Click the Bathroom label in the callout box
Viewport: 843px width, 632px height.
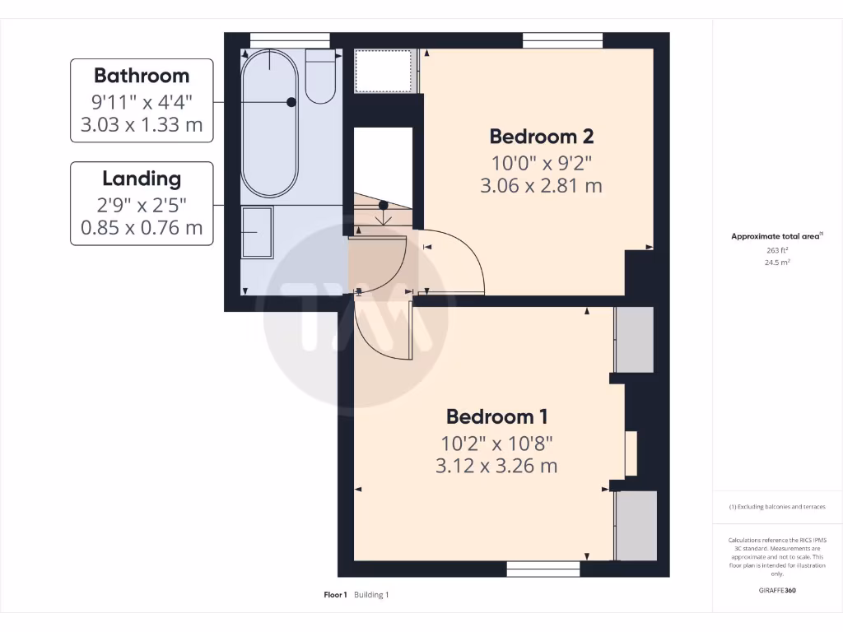click(x=142, y=76)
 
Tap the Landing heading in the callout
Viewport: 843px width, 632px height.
click(x=142, y=178)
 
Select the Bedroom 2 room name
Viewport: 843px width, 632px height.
click(x=541, y=136)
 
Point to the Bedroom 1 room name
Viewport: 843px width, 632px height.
click(x=496, y=416)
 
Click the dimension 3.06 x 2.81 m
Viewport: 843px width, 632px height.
click(x=541, y=186)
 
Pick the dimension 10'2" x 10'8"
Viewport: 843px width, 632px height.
click(x=496, y=444)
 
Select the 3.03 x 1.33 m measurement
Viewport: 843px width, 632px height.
click(x=142, y=126)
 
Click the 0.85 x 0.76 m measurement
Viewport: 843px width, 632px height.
click(x=142, y=228)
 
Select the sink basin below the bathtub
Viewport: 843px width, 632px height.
click(x=257, y=233)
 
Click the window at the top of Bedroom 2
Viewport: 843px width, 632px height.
click(x=561, y=39)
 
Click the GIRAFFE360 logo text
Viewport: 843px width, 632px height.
click(x=777, y=590)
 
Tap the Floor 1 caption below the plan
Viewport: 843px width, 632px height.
click(x=335, y=595)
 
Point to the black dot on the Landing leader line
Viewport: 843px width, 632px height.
click(x=383, y=205)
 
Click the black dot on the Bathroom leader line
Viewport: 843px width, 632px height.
click(x=291, y=102)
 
